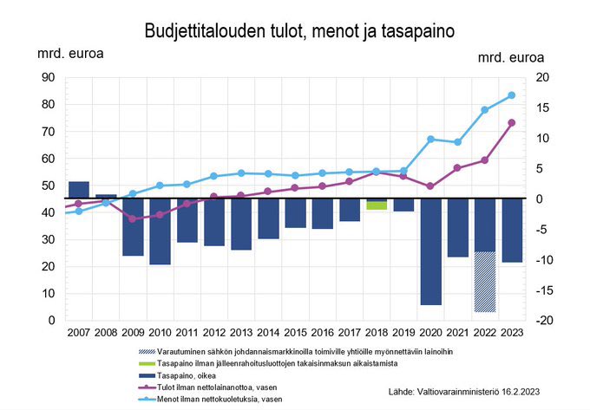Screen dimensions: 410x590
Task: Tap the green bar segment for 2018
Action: tap(377, 206)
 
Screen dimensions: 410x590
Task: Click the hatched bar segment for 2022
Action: tap(484, 282)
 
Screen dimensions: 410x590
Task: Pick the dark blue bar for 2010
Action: tap(160, 231)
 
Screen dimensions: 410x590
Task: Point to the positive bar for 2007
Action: tap(78, 190)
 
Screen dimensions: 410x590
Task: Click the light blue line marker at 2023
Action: tap(512, 95)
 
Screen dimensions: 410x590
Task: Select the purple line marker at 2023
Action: tap(512, 123)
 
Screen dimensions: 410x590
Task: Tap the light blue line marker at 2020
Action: tap(430, 139)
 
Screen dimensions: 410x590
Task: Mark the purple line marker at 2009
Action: tap(133, 218)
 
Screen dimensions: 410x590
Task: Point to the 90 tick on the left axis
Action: tap(48, 77)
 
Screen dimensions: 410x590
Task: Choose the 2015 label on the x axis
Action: tap(295, 333)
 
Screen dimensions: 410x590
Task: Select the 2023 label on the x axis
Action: tap(512, 333)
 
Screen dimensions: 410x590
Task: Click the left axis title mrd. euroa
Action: tap(70, 53)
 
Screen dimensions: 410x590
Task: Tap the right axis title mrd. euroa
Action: tap(512, 58)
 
